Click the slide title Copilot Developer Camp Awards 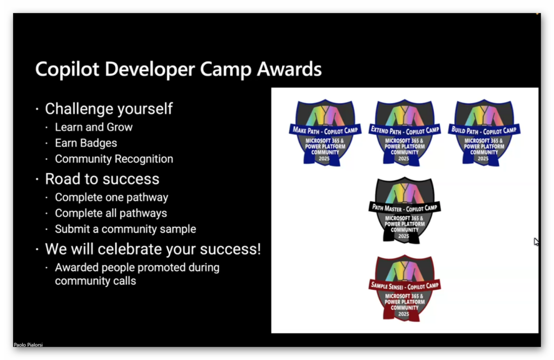coord(179,69)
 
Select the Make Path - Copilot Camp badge coord(325,133)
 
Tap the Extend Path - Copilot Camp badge coord(405,133)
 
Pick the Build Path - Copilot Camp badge coord(484,133)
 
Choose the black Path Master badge coord(405,210)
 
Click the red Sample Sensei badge coord(405,288)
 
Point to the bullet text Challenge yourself coord(109,109)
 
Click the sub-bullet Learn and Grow coord(94,127)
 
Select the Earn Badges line coord(86,143)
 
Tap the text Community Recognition coord(114,159)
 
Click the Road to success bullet coord(102,179)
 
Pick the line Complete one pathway coord(111,197)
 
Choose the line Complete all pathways coord(111,213)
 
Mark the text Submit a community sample coord(126,229)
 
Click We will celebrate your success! coord(153,249)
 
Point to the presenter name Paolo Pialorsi coord(28,344)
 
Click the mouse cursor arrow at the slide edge coord(536,242)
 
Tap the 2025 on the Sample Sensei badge coord(404,314)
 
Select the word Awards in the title coord(289,69)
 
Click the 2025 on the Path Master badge coord(404,236)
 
